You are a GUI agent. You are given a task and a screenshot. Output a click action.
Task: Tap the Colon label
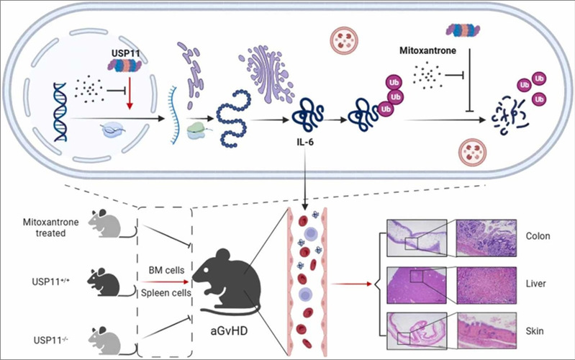538,235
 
